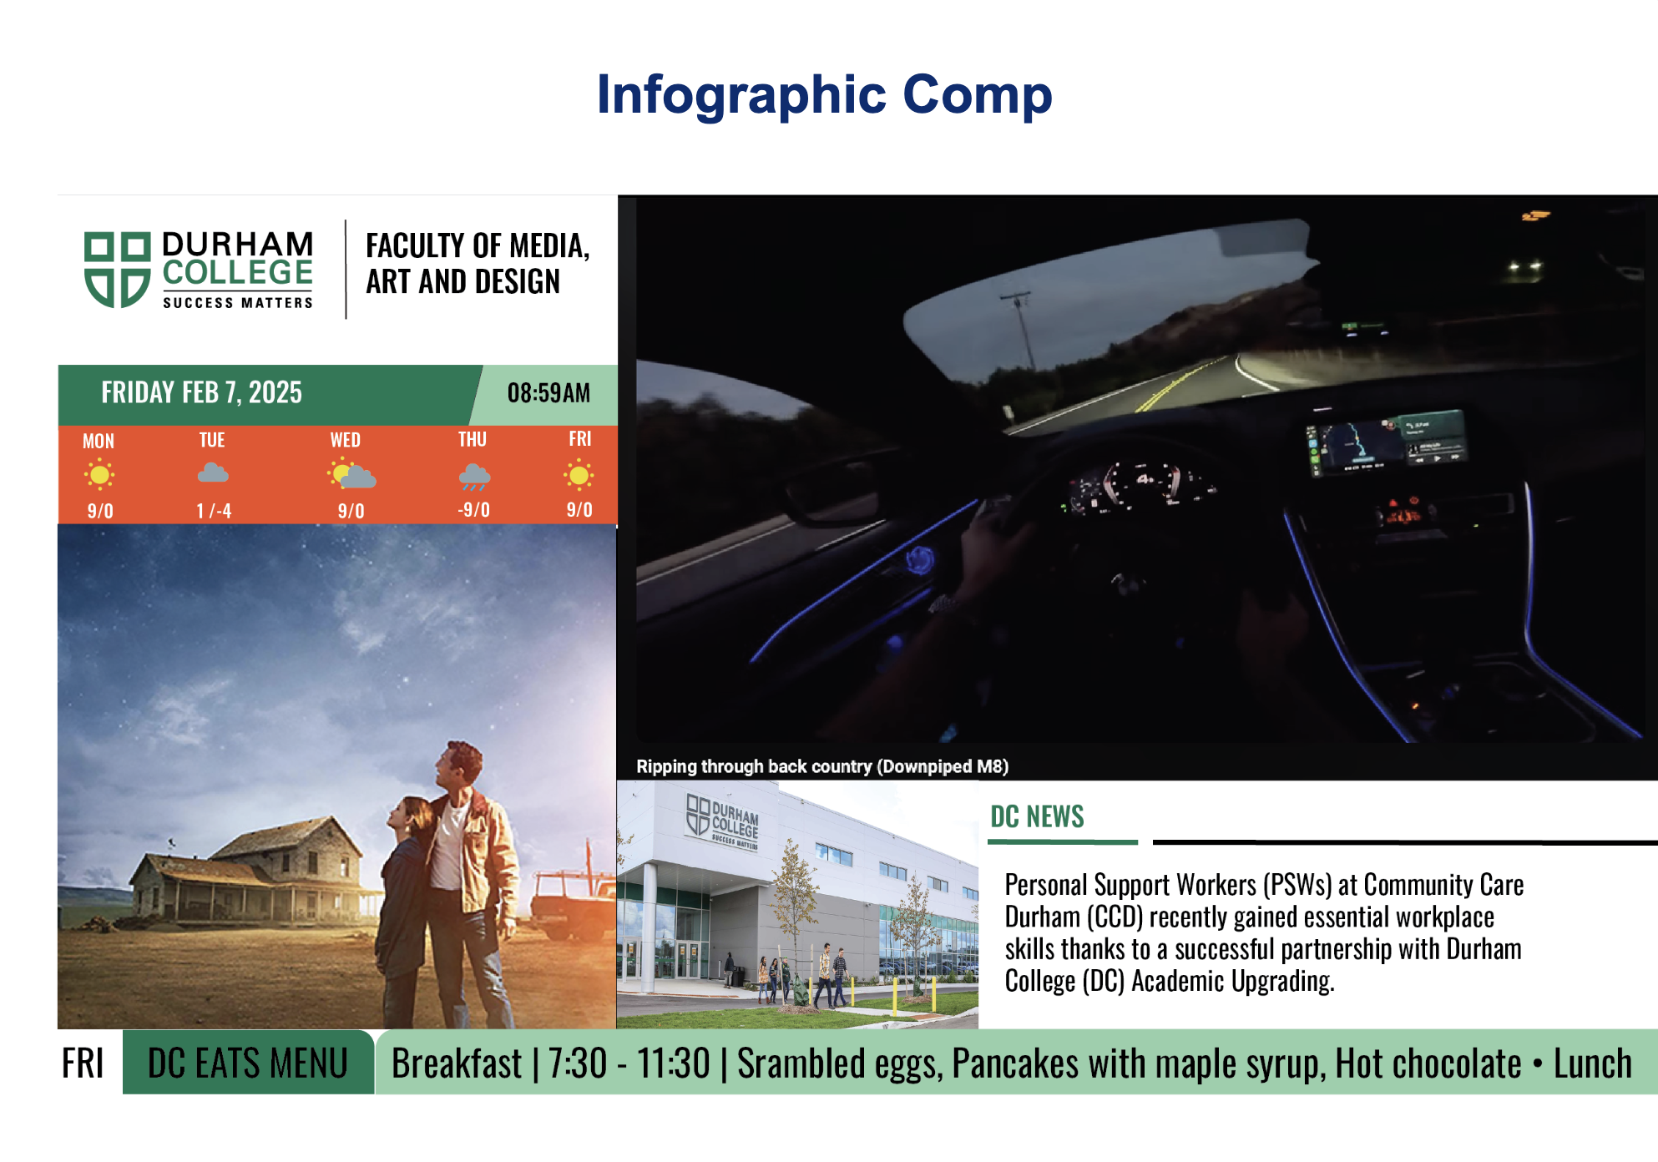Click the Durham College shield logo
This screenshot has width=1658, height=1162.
tap(117, 270)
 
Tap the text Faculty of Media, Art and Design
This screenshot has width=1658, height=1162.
tap(478, 264)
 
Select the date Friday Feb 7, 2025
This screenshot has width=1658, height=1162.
tap(202, 392)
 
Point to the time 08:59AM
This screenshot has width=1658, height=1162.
tap(548, 392)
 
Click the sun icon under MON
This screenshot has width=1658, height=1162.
tap(99, 475)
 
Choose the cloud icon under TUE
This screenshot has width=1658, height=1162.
tap(213, 473)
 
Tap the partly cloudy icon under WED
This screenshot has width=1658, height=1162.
tap(351, 474)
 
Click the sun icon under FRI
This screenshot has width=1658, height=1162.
tap(579, 475)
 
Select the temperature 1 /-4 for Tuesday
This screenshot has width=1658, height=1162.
tap(214, 511)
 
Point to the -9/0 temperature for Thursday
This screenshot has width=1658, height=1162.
tap(473, 510)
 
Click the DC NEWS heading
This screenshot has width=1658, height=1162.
tap(1037, 816)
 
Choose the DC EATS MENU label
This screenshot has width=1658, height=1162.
tap(248, 1063)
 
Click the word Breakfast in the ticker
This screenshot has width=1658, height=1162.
tap(457, 1063)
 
